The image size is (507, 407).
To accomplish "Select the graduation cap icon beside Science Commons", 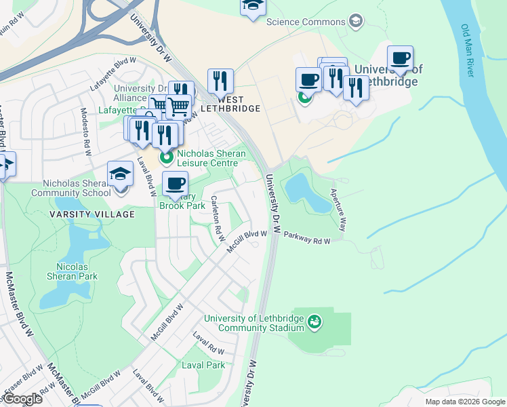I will point(355,22).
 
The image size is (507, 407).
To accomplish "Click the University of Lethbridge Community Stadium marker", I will point(314,320).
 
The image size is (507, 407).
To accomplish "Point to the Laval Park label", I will point(203,365).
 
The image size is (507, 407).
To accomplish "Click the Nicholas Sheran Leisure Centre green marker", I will point(165,159).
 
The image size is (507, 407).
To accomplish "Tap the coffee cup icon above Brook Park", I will point(175,184).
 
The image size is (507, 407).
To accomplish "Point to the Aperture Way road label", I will point(339,210).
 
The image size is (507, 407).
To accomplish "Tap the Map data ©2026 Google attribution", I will point(465,402).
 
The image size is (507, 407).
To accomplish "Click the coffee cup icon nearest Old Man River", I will point(400,59).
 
